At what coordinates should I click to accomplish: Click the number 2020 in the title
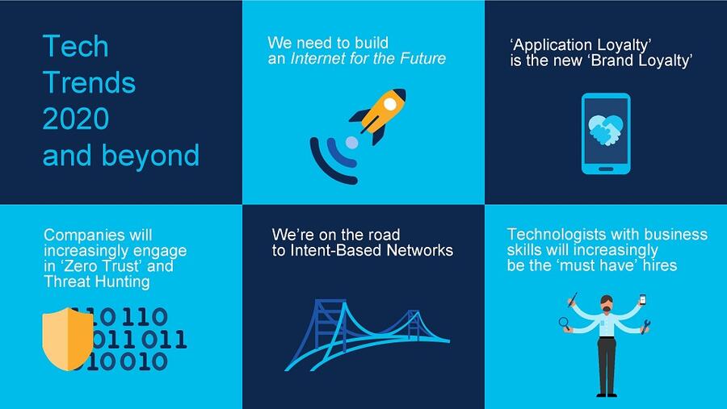[x=76, y=119]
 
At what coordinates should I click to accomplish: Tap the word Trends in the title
[x=89, y=82]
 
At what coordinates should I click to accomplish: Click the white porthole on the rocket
[x=390, y=105]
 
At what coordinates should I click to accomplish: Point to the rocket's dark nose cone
[x=399, y=94]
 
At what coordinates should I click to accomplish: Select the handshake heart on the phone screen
[x=605, y=130]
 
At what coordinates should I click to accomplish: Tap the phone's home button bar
[x=606, y=169]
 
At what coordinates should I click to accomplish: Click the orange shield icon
[x=68, y=339]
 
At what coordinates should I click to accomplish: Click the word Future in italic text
[x=422, y=59]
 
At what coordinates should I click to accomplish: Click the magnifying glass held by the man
[x=565, y=323]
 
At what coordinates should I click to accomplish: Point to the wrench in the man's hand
[x=645, y=326]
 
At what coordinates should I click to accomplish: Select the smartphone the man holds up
[x=643, y=299]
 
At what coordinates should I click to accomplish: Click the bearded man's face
[x=607, y=304]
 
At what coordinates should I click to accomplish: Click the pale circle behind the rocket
[x=352, y=142]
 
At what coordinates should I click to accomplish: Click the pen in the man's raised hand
[x=572, y=298]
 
